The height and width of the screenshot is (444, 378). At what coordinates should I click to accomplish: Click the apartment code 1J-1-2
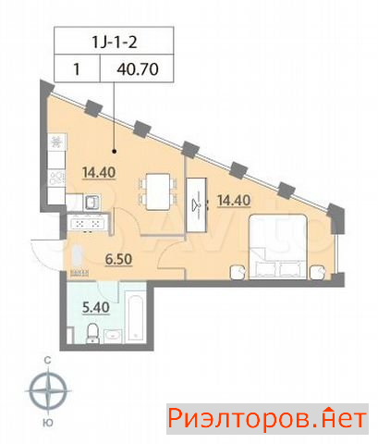click(x=115, y=42)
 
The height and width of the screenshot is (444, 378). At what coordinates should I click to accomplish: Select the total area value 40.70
click(x=138, y=69)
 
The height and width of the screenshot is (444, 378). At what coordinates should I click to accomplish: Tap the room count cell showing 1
click(x=77, y=69)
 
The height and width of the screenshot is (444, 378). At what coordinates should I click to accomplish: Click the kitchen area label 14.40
click(x=99, y=172)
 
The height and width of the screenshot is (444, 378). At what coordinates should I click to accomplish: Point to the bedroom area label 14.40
click(x=234, y=201)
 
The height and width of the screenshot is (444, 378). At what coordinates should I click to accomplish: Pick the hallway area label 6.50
click(x=118, y=259)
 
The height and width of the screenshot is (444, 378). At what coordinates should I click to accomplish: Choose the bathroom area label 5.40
click(x=96, y=307)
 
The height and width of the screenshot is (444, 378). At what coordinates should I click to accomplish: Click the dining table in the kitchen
click(x=158, y=191)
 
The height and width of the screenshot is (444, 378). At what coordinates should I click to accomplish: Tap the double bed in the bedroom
click(x=278, y=247)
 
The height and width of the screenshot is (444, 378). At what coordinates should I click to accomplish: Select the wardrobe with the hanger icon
click(x=197, y=204)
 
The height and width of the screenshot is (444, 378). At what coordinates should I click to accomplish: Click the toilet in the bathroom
click(x=92, y=333)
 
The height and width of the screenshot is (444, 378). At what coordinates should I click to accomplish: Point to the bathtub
click(x=136, y=318)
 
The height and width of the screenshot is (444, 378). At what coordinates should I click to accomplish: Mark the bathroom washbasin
click(x=113, y=336)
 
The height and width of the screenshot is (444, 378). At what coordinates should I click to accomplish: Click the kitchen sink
click(x=91, y=203)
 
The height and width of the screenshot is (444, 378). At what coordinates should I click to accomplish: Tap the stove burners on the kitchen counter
click(x=56, y=178)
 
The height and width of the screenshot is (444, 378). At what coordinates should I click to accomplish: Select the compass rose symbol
click(x=48, y=391)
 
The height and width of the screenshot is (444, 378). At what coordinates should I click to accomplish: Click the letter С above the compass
click(x=47, y=360)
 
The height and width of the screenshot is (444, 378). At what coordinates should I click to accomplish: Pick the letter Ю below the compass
click(x=48, y=423)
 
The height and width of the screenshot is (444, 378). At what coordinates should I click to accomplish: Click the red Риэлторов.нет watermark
click(x=267, y=419)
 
